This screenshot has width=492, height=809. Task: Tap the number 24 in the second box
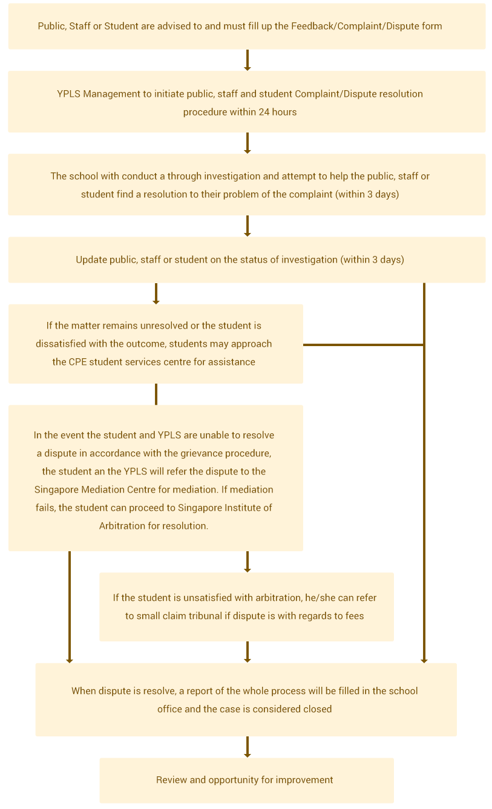pos(264,112)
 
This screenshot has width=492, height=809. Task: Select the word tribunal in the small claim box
pos(206,616)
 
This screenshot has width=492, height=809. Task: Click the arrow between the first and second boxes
pos(248,61)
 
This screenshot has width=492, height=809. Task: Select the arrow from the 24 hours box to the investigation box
pos(248,143)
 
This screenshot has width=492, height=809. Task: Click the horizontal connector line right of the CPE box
pos(363,345)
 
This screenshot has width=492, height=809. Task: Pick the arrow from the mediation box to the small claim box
pos(248,562)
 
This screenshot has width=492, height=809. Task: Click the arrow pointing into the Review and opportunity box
pos(248,747)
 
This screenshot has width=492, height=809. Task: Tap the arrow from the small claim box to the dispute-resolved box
pos(248,652)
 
